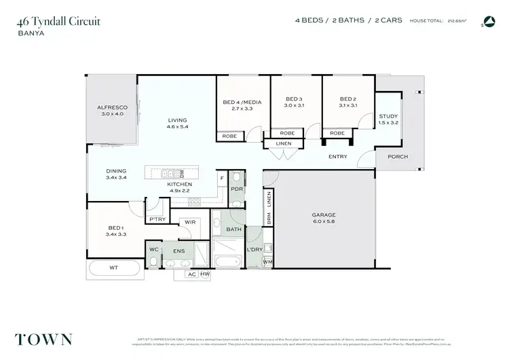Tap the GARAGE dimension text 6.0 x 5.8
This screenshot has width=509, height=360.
click(324, 222)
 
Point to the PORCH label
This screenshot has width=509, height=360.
click(398, 156)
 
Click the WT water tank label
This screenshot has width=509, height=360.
click(113, 268)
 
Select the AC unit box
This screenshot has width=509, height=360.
click(191, 274)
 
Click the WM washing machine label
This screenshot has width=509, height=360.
click(267, 262)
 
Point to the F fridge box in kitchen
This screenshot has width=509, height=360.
click(221, 179)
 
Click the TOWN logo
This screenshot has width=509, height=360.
click(43, 339)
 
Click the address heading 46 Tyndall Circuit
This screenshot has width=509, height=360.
click(58, 21)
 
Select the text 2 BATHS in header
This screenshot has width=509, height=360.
click(347, 21)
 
